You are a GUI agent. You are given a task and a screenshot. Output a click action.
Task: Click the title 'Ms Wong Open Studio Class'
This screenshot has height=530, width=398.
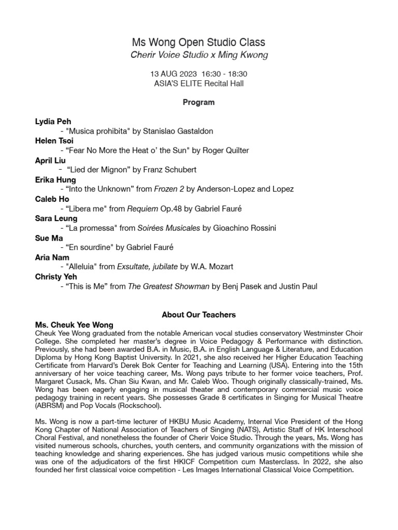(199, 42)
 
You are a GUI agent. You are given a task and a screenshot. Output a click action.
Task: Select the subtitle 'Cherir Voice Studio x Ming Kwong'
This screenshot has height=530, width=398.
(199, 55)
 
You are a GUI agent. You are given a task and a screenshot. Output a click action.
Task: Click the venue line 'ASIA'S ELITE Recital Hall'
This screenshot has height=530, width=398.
(199, 83)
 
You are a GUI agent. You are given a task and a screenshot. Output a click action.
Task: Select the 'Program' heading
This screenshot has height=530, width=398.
(199, 102)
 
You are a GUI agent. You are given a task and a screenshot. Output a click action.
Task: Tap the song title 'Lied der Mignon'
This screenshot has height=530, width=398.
(99, 170)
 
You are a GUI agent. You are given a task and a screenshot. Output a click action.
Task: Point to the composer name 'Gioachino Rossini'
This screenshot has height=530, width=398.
(245, 228)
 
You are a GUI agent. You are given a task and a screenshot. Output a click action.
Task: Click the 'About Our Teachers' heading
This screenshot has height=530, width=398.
(199, 315)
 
